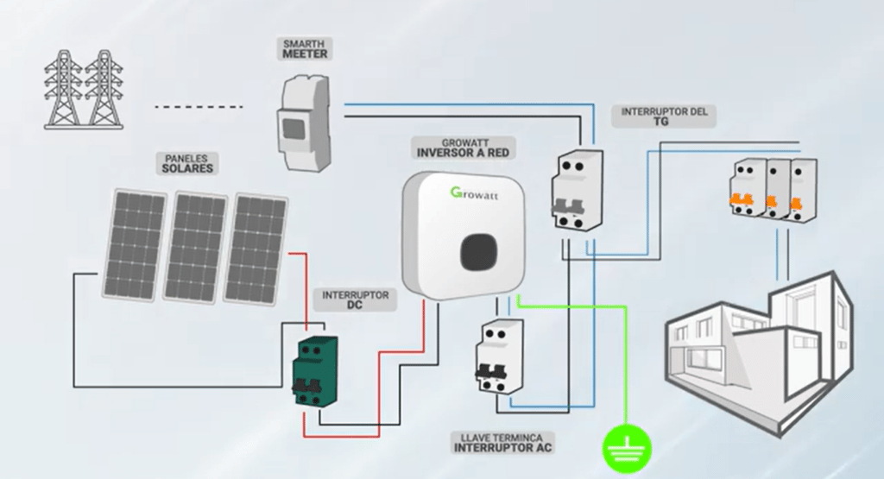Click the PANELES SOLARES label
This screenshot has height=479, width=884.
point(187,163)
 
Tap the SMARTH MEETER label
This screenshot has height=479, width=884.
point(306,48)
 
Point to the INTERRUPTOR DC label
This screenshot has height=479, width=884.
point(355,299)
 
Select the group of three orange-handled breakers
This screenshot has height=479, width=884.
point(773,191)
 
